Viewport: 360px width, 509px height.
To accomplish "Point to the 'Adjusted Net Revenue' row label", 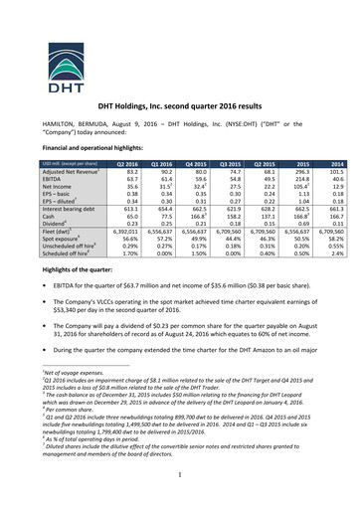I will tap(72, 172).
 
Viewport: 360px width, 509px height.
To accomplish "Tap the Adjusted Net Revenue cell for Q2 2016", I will tap(126, 172).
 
